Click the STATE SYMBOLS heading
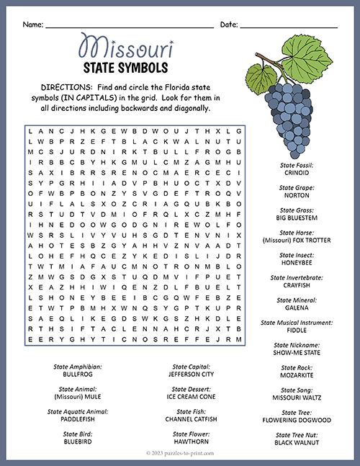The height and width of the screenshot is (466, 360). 126,68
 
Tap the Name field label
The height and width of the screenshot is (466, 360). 32,24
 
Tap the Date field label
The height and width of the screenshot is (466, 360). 228,24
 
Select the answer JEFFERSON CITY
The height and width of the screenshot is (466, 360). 191,375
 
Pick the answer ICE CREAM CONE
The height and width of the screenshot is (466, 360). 191,397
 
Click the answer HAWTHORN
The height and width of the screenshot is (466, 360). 191,442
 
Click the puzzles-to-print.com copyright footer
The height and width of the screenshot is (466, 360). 180,455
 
